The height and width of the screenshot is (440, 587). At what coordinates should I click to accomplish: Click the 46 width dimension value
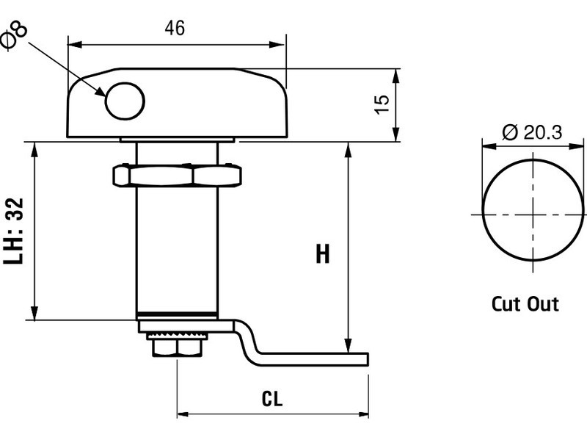click(x=174, y=28)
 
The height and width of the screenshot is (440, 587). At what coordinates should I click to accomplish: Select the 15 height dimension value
click(x=381, y=104)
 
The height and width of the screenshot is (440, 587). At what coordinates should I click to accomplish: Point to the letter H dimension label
click(x=322, y=254)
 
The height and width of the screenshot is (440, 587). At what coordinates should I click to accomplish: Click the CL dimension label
click(x=272, y=399)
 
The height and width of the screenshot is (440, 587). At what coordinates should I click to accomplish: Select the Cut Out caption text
click(x=525, y=303)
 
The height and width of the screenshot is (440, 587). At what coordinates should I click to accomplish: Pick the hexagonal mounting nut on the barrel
click(x=176, y=176)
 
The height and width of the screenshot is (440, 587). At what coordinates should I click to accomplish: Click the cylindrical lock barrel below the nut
click(x=176, y=250)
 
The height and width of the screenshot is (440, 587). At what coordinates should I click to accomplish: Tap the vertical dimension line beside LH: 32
click(x=33, y=231)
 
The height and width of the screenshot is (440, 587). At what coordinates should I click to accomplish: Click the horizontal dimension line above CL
click(x=271, y=413)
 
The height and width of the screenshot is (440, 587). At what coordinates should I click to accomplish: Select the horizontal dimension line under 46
click(x=176, y=45)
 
